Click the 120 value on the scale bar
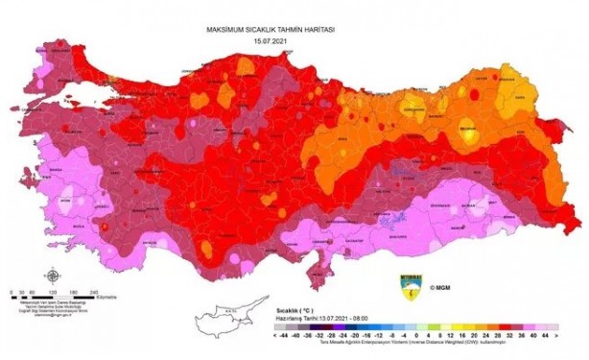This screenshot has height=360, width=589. pos(51,291)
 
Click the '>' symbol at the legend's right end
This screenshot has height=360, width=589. pos(555,337)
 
